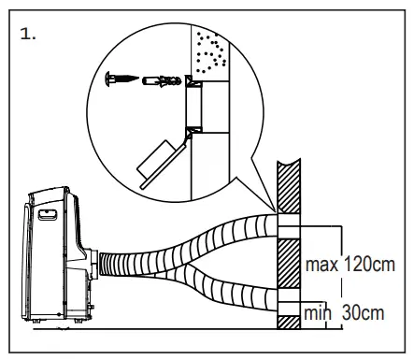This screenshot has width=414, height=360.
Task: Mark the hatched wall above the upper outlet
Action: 285,187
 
